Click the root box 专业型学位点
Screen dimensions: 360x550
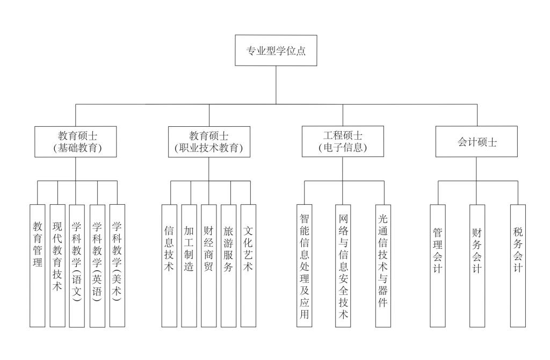276,52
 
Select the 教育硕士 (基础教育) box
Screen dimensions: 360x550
76,142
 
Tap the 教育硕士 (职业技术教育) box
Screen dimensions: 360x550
209,142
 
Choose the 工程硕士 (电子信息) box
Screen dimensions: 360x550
342,141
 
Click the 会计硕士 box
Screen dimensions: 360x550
476,142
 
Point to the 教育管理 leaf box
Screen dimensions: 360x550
37,265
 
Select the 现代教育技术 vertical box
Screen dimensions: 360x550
57,265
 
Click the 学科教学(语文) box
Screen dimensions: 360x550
77,265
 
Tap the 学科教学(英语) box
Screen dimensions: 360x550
97,265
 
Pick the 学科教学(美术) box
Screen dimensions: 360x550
117,265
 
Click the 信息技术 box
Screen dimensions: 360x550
169,265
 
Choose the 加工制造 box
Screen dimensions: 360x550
189,265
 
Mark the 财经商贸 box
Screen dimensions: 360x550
209,265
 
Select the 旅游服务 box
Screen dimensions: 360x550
228,265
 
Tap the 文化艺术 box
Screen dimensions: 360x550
248,265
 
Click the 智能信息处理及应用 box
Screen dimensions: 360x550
304,265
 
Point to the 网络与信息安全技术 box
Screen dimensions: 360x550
343,265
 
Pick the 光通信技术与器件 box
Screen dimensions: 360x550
383,265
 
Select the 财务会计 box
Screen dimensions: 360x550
477,265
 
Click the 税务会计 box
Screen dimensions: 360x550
517,265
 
